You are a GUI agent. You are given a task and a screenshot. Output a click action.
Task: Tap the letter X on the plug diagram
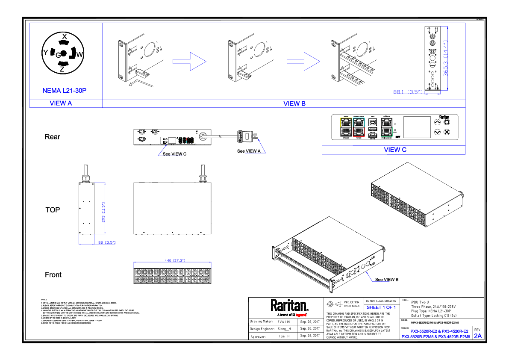click(64, 37)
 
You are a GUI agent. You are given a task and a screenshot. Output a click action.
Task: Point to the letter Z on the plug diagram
click(62, 68)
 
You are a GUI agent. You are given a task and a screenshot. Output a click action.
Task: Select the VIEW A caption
click(61, 103)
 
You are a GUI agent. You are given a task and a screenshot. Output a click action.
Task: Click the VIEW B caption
click(294, 103)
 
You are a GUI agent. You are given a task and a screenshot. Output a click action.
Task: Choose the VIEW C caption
click(395, 150)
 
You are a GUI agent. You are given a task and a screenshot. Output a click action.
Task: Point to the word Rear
click(52, 137)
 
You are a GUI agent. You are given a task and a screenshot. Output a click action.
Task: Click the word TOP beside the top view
click(53, 210)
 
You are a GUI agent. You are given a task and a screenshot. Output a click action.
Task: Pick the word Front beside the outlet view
click(53, 275)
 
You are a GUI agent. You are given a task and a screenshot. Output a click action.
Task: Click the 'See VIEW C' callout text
click(174, 154)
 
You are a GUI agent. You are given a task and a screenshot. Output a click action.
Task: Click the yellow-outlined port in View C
click(345, 122)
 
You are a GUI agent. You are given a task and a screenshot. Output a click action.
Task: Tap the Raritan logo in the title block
click(289, 306)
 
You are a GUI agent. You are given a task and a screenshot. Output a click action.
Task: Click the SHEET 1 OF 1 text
click(381, 307)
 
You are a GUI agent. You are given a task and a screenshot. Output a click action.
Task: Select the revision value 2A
click(477, 336)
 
